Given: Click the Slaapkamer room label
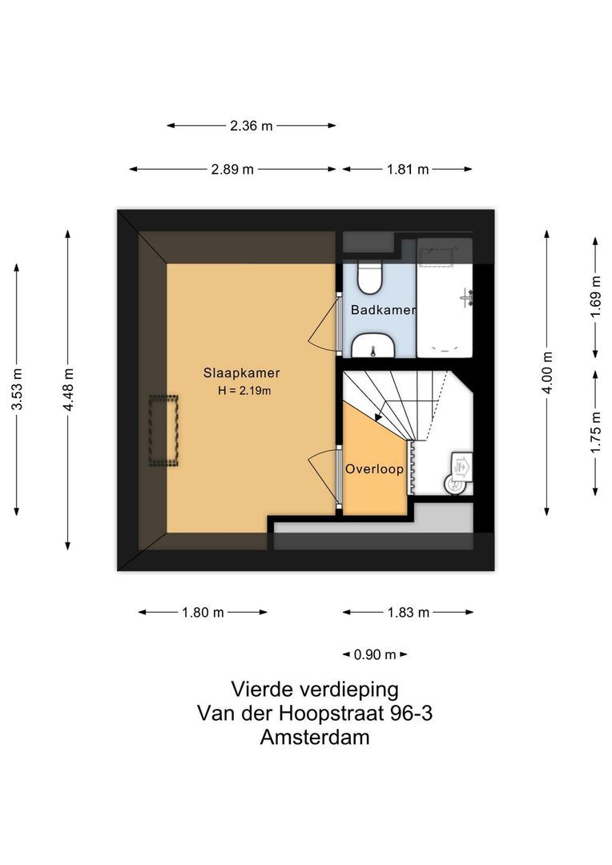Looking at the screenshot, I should coord(241,372).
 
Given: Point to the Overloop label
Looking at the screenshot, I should coord(374,469).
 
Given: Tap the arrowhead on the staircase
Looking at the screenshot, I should coord(378,415).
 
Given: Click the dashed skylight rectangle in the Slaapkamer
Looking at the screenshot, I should coord(163,431).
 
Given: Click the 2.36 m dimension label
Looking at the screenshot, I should coord(252,126).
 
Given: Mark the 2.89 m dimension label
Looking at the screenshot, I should coord(232,169).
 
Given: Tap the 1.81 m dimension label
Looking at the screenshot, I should coord(408,169).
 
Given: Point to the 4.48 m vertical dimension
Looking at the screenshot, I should coord(69,390).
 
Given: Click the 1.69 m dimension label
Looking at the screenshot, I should coord(595,297).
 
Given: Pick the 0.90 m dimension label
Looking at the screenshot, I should coord(375,654).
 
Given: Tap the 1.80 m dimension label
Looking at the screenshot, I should coord(203,613).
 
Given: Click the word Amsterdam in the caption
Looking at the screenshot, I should coord(315,738).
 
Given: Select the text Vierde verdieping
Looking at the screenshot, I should coord(315,689).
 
